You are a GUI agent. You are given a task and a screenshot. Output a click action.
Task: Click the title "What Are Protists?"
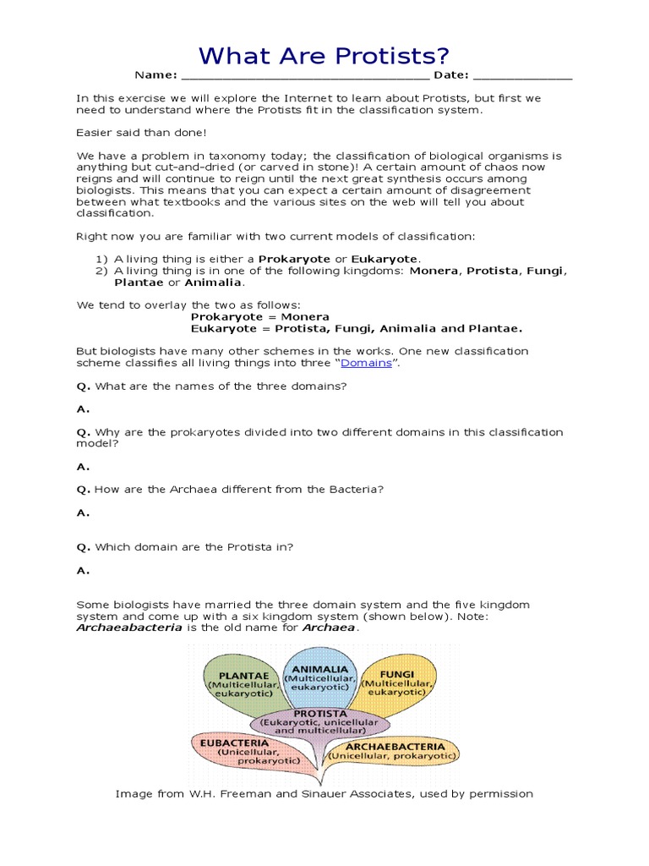(x=324, y=57)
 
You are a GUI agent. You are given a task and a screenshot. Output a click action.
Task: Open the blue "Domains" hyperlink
(x=366, y=363)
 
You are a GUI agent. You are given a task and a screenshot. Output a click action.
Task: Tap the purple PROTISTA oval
(x=321, y=724)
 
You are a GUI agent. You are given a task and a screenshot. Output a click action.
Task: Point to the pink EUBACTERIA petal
(x=244, y=752)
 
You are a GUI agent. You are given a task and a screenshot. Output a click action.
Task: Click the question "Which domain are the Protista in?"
(x=194, y=547)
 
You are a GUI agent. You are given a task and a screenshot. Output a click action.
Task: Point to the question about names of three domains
(x=221, y=386)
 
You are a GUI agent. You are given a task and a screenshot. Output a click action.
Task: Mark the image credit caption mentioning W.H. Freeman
(x=324, y=794)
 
